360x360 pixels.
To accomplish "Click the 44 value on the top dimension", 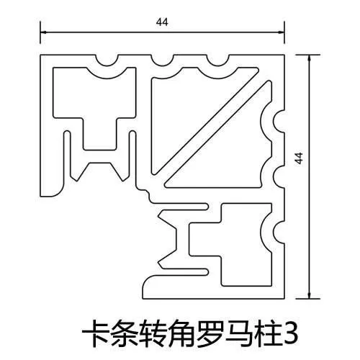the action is (x=162, y=22).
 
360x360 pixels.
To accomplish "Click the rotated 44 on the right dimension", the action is (x=299, y=158).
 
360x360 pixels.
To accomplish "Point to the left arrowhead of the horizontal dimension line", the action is (x=43, y=32).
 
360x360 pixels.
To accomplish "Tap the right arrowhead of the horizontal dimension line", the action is (x=282, y=32).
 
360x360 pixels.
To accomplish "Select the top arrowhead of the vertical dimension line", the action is (x=309, y=58).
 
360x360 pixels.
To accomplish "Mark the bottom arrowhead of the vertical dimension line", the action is (x=309, y=296).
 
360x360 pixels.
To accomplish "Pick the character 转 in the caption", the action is (x=153, y=333).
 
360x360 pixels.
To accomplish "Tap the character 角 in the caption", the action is (x=182, y=333).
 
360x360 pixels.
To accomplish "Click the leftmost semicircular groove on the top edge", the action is (x=107, y=63).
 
